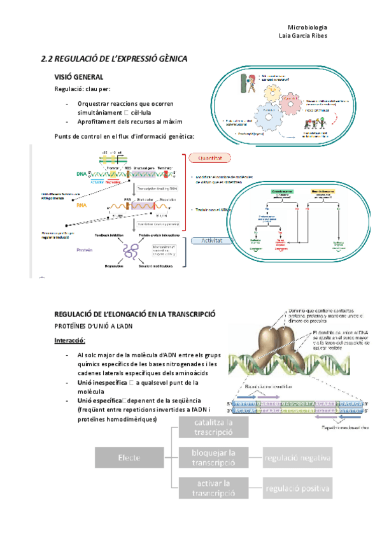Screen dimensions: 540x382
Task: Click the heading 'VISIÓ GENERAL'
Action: [x=80, y=76]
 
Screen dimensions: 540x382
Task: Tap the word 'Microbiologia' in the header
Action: [x=308, y=27]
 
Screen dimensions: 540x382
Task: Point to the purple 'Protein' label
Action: [x=85, y=250]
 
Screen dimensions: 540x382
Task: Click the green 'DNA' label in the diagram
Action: [x=81, y=173]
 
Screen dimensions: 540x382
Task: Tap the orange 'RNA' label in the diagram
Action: [x=81, y=206]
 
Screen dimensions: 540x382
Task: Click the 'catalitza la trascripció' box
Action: [x=214, y=427]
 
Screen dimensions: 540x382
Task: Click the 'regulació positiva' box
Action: [x=298, y=488]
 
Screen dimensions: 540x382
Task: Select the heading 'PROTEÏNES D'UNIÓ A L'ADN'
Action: [x=97, y=326]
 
